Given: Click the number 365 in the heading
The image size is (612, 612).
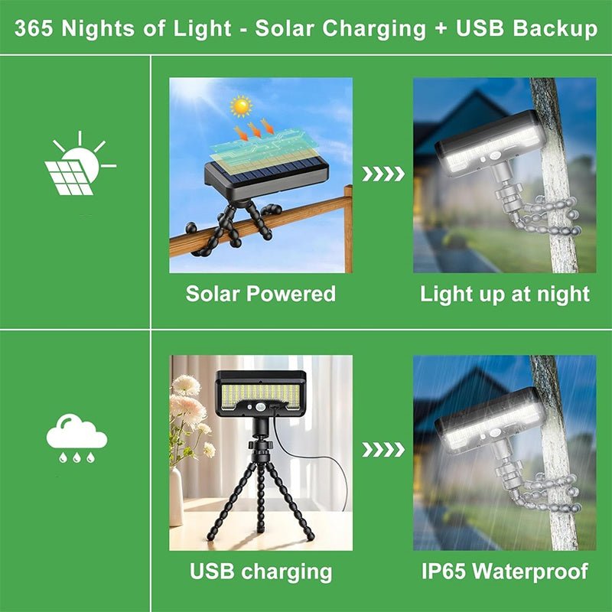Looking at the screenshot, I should tap(35, 29).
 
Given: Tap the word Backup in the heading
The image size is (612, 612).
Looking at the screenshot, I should tap(556, 29).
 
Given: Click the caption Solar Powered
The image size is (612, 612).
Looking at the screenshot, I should tap(260, 294).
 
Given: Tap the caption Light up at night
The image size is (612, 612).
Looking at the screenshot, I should tap(505, 294).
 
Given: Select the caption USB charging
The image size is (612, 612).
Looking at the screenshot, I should tap(260, 571).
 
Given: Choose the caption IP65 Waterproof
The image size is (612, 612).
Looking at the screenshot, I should tap(505, 571).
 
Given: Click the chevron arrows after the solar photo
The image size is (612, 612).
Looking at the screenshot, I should tap(382, 174).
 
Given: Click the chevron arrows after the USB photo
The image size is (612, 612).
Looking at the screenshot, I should tap(382, 450).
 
